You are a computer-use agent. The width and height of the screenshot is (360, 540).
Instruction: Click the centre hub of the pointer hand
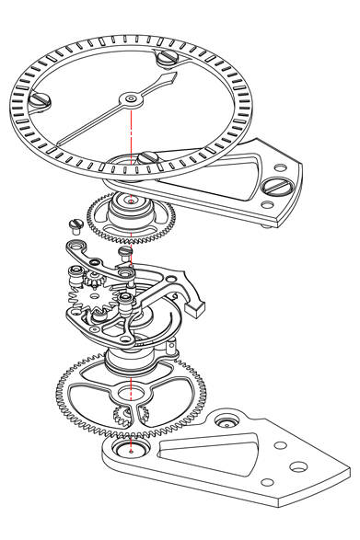131,95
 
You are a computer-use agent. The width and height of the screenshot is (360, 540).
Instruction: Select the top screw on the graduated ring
167,58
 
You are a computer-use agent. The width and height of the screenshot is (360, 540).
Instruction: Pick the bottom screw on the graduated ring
145,158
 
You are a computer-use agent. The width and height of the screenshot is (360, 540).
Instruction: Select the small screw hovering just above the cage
126,250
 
